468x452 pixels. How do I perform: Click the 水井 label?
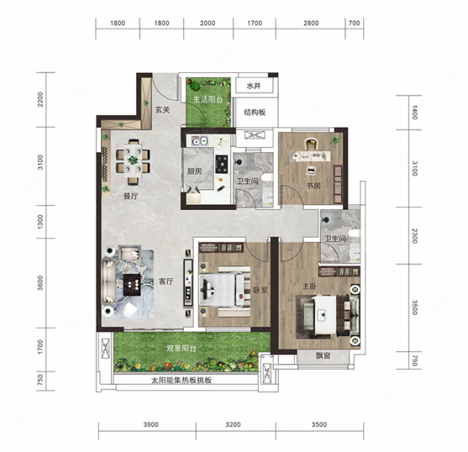point(254,86)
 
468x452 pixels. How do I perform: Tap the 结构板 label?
point(255,112)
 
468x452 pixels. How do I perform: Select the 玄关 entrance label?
point(162,109)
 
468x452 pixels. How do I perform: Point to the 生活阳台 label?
point(208,99)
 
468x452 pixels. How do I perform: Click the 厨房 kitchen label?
point(194,171)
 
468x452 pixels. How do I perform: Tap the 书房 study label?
point(313,185)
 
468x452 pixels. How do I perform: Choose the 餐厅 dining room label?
point(130,196)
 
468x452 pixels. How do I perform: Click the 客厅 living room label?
point(166,281)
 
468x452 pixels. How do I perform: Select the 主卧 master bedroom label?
point(309,286)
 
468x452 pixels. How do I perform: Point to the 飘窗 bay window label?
point(323,356)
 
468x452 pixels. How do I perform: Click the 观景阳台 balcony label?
point(181,348)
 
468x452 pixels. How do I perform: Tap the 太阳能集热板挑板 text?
point(182,380)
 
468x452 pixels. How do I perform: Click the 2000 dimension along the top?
point(207,23)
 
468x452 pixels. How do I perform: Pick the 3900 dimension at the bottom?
point(151,424)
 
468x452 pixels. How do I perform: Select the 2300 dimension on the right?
point(415,236)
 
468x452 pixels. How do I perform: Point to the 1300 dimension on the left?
point(40,221)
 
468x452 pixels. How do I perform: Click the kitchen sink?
point(200,141)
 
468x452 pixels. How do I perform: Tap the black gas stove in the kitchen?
point(222,163)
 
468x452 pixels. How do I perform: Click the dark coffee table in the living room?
point(132,285)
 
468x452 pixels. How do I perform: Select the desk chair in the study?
point(311,144)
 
